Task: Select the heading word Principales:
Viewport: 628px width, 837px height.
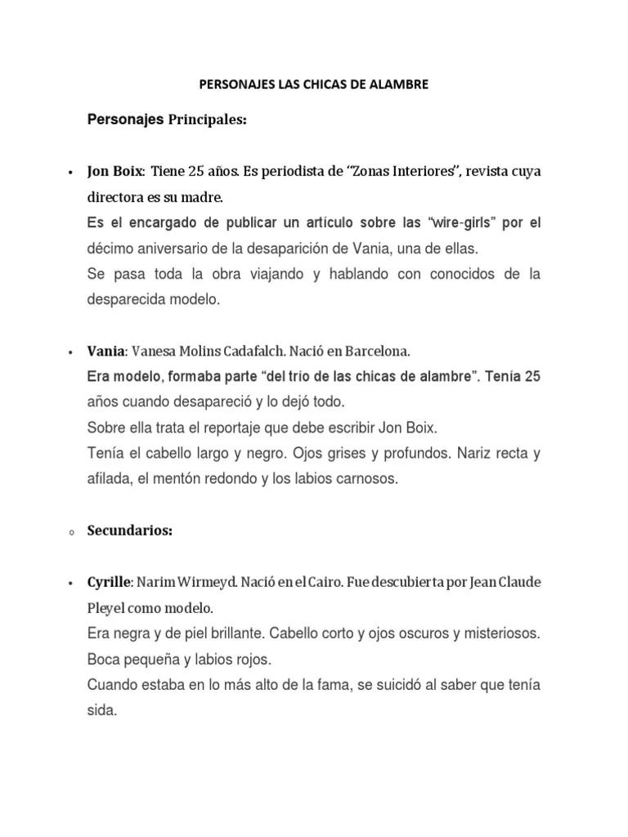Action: click(207, 120)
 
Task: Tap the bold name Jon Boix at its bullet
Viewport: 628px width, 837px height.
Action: click(115, 172)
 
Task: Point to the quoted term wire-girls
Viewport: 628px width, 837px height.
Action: click(425, 223)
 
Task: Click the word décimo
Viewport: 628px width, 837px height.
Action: click(113, 248)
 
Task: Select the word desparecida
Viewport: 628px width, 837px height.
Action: click(125, 300)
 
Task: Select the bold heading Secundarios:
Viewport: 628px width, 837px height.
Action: click(130, 530)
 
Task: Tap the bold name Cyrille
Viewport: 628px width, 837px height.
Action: click(109, 583)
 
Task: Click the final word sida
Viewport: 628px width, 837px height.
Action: click(102, 710)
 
